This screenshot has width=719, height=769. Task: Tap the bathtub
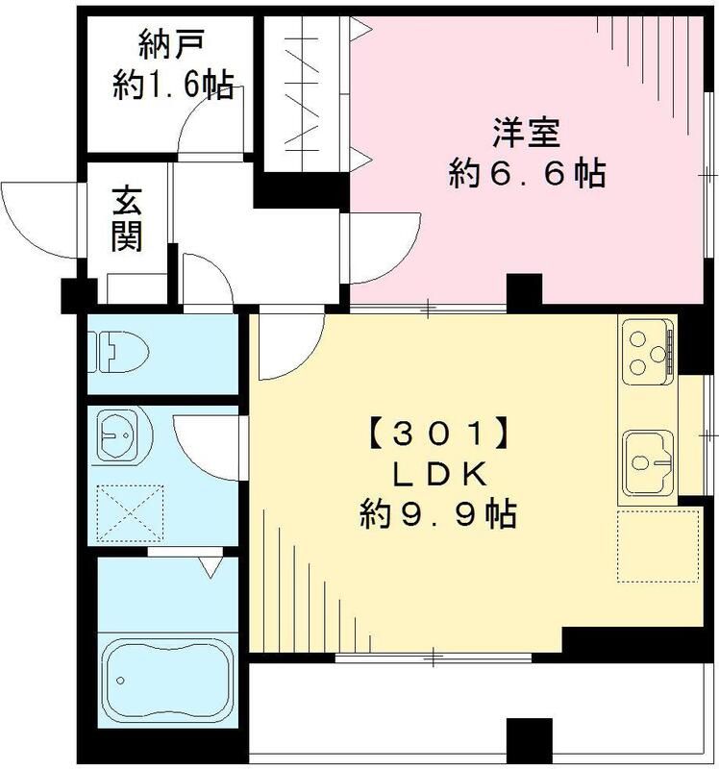(x=166, y=679)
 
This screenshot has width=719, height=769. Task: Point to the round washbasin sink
(x=119, y=439)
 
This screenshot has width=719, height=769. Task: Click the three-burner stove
(x=647, y=351)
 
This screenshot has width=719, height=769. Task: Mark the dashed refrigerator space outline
(x=657, y=545)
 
